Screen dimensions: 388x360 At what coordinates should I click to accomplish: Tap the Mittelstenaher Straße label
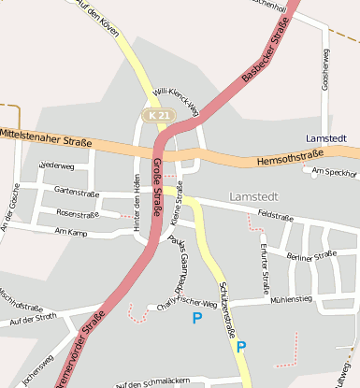tap(47, 139)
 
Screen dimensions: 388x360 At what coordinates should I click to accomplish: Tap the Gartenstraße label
tap(77, 191)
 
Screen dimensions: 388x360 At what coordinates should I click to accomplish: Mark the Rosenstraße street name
tap(79, 212)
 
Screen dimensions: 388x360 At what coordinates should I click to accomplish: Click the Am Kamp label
tap(70, 230)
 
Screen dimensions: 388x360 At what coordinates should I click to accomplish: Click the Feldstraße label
tap(276, 215)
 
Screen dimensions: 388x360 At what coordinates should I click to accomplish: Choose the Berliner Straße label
tap(311, 255)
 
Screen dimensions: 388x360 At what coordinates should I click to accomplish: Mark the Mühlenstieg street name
tap(290, 299)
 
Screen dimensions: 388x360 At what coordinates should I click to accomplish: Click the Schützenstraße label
tap(225, 308)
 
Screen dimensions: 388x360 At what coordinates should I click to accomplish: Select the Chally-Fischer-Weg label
tap(187, 304)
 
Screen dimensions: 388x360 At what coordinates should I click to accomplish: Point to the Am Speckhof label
tap(336, 172)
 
